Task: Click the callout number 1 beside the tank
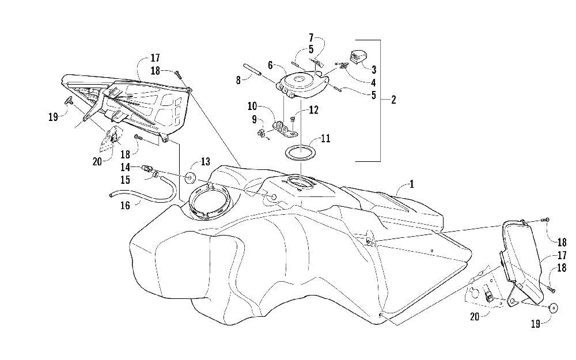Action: [411, 185]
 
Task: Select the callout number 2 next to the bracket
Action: [393, 99]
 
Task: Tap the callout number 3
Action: [374, 70]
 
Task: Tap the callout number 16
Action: [125, 204]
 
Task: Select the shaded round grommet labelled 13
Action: [191, 175]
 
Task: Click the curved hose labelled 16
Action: [156, 193]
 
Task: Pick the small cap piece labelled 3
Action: [359, 56]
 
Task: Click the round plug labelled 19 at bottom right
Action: [553, 307]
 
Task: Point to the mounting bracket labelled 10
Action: [285, 130]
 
